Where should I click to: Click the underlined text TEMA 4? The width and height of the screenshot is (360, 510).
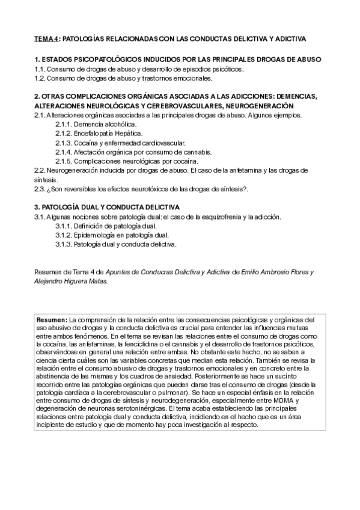point(47,39)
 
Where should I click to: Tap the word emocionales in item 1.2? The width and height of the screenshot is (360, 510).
point(191,78)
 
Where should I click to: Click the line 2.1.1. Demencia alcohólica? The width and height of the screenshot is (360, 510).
point(96,124)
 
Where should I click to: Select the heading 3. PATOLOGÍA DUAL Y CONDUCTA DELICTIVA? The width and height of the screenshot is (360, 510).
point(106,207)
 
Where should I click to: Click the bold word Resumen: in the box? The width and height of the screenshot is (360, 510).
point(52,319)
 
